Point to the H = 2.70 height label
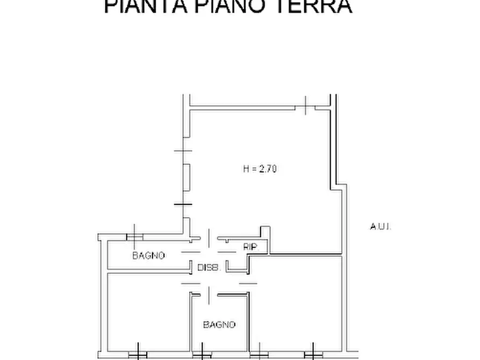[260, 169]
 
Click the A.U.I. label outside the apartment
[381, 227]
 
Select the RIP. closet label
[250, 247]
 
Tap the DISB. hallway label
[207, 267]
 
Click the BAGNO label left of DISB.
[148, 256]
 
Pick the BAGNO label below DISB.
[219, 325]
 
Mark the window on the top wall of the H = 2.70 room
[305, 106]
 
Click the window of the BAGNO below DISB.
[200, 355]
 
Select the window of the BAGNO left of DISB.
[134, 236]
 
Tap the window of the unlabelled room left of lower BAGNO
[138, 355]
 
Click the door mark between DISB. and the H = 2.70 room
[209, 236]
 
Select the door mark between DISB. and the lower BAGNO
[209, 292]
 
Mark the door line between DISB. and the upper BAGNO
[190, 253]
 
